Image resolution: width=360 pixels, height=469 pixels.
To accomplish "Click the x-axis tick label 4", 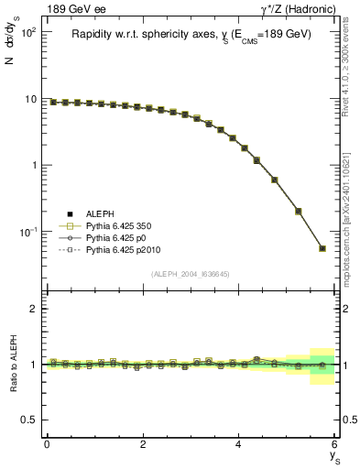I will (239, 444).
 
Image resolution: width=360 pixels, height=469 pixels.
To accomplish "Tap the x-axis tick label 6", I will (334, 444).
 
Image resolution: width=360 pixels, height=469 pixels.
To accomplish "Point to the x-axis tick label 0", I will (47, 444).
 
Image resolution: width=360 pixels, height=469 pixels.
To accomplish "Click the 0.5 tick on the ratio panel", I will (29, 420).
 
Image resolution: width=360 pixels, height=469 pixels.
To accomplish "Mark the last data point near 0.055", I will (322, 248).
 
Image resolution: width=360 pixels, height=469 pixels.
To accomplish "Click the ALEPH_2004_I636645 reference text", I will (190, 275).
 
